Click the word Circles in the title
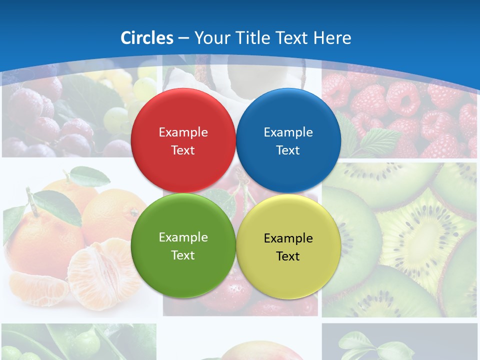[147, 38]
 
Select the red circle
[183, 140]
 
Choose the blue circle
[288, 140]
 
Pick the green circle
[183, 245]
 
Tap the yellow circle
[288, 246]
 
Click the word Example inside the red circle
[183, 132]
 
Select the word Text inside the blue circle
[288, 150]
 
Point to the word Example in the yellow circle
[288, 238]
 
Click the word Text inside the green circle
[183, 255]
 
